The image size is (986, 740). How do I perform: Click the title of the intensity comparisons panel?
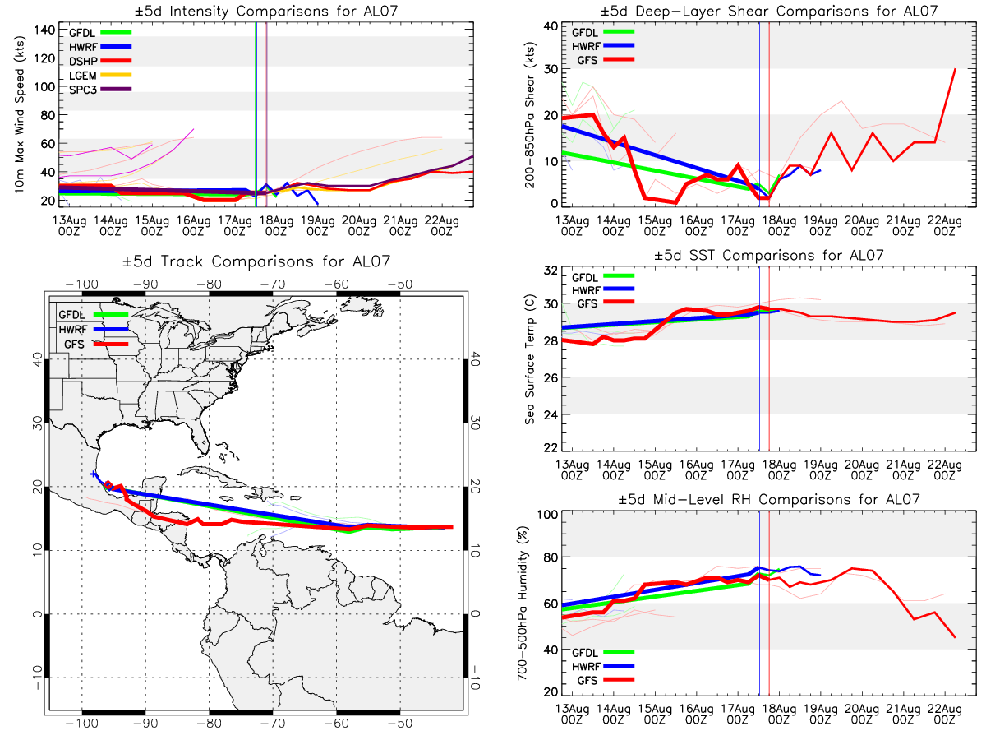266,11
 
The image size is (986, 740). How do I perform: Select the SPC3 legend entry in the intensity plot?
99,90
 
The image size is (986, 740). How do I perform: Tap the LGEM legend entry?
99,75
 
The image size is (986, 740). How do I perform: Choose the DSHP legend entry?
99,61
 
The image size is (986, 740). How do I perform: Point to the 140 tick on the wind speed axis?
44,30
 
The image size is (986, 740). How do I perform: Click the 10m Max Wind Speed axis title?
20,114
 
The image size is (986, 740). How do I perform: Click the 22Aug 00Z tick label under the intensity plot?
441,225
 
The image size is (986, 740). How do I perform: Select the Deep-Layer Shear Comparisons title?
769,11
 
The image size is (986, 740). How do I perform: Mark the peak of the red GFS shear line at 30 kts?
955,69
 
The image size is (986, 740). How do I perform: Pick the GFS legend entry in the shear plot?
606,60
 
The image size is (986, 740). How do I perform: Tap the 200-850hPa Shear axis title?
531,115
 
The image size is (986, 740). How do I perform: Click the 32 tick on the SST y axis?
551,271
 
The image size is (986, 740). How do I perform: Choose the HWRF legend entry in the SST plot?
603,289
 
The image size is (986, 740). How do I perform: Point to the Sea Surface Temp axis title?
530,359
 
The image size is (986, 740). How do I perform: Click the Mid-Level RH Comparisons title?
769,500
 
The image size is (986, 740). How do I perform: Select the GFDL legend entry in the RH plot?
603,652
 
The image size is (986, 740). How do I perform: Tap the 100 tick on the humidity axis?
547,514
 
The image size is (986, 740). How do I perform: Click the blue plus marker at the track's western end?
93,474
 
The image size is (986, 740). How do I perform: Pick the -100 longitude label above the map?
81,284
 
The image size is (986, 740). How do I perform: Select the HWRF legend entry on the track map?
93,330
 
